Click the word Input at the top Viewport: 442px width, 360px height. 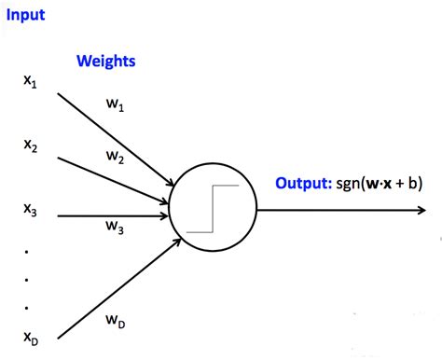click(x=23, y=16)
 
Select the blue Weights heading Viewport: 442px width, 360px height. click(x=106, y=62)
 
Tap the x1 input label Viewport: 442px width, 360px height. click(x=30, y=82)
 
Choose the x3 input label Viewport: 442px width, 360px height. click(x=30, y=212)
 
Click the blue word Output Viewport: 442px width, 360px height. click(x=301, y=183)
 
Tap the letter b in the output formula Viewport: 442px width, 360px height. click(x=411, y=183)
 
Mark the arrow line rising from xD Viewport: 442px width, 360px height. click(x=112, y=285)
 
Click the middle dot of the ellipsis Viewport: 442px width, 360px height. click(x=27, y=278)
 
